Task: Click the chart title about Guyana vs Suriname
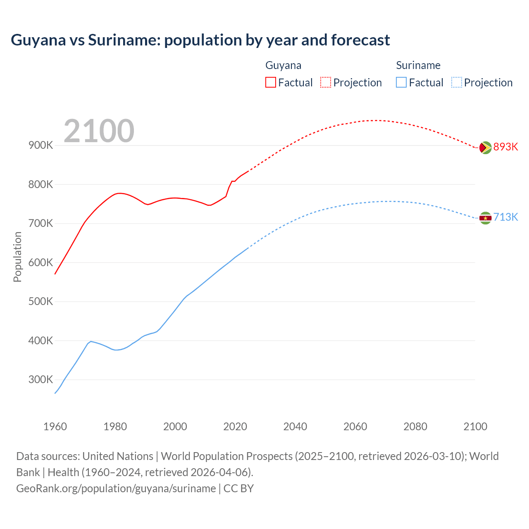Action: tap(200, 40)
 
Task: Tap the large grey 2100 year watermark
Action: tap(99, 131)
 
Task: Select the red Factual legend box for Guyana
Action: tap(270, 82)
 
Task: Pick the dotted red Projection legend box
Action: tap(326, 82)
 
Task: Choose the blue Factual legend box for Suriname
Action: tap(401, 82)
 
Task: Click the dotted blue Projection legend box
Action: tap(456, 82)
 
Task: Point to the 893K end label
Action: tap(505, 147)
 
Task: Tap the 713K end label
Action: tap(505, 217)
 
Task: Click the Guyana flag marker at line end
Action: tap(485, 148)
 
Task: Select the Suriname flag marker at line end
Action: tap(485, 218)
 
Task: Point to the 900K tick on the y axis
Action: tap(41, 145)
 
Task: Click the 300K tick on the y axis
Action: tap(41, 379)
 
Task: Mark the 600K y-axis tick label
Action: tap(41, 262)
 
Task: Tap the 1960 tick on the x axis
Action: tap(55, 427)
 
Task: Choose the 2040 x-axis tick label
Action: tap(295, 427)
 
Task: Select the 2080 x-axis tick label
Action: tap(415, 427)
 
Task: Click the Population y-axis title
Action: tap(17, 257)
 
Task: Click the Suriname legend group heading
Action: tap(418, 65)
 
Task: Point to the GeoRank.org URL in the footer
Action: tap(116, 488)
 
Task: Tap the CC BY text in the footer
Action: tap(238, 488)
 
